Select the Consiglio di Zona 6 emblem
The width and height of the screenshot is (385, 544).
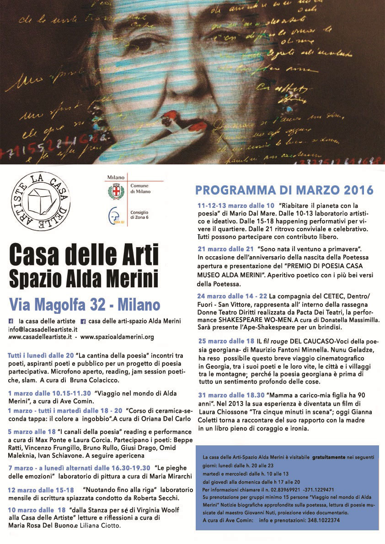(114, 215)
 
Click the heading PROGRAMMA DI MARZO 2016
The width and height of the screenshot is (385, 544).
(284, 190)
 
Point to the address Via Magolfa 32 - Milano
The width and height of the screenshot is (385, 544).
(85, 305)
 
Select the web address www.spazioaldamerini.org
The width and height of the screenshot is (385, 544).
(117, 337)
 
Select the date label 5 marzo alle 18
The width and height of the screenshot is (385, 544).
(31, 432)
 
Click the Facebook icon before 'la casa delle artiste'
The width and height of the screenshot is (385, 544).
(11, 321)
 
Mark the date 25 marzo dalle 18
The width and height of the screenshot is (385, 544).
(226, 341)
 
